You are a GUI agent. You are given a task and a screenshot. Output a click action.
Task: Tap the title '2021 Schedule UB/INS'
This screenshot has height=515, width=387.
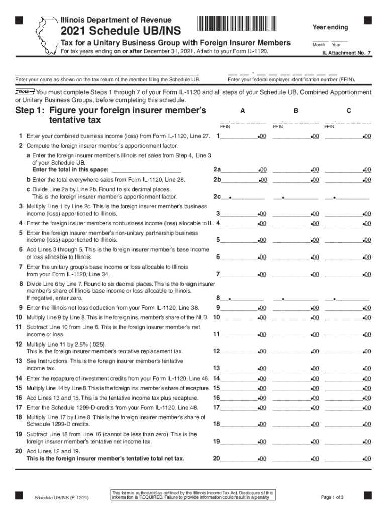(x=121, y=31)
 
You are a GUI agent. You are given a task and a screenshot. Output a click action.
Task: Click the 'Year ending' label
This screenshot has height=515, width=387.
(x=330, y=27)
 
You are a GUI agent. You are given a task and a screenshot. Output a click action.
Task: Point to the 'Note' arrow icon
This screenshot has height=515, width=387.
(x=25, y=92)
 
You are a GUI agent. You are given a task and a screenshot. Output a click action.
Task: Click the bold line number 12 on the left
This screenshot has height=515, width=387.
(x=19, y=344)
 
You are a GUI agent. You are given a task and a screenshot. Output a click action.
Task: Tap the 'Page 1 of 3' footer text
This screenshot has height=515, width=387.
(x=332, y=497)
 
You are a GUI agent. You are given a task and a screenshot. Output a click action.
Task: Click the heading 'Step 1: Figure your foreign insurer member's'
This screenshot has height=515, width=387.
(x=111, y=110)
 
